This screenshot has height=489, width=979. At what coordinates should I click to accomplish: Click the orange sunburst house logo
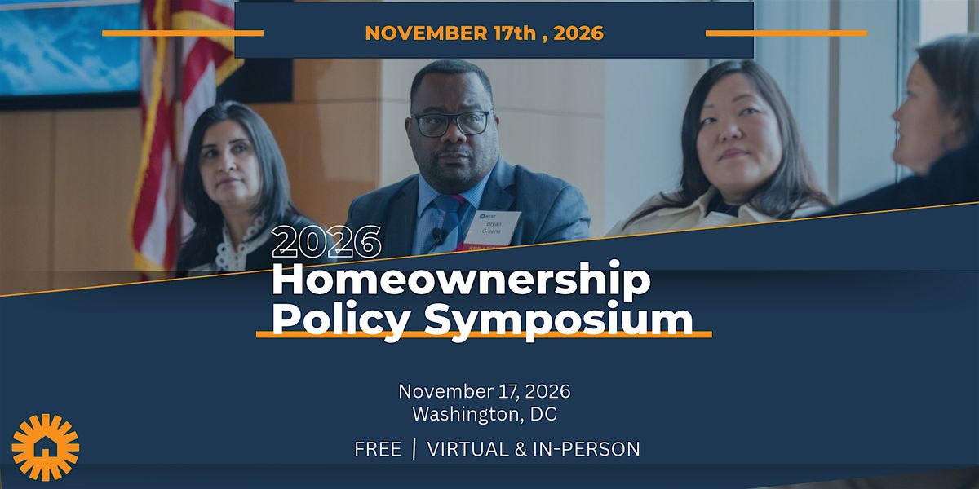click(46, 447)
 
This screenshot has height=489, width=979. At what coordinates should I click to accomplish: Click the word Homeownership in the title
click(461, 280)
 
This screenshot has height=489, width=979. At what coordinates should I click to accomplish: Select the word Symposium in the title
click(559, 321)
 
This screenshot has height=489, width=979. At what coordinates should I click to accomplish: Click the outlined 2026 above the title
click(326, 241)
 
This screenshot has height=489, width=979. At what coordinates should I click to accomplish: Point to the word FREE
click(378, 449)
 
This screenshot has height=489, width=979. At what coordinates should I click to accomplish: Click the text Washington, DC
click(485, 414)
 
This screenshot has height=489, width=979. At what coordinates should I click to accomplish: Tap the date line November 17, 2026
click(485, 391)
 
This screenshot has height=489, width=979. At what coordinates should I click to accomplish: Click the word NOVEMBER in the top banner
click(426, 33)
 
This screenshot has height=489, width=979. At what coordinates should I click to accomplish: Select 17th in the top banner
click(515, 33)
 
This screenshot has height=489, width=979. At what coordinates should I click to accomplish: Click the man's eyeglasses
click(452, 123)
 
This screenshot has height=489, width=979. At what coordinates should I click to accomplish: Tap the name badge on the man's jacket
click(495, 227)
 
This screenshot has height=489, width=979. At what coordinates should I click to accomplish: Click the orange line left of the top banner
click(183, 33)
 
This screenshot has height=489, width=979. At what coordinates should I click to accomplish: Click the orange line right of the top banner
click(786, 33)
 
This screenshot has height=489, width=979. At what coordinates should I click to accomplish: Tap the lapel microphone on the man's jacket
click(437, 236)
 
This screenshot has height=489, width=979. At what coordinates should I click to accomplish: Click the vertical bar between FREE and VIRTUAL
click(414, 449)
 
